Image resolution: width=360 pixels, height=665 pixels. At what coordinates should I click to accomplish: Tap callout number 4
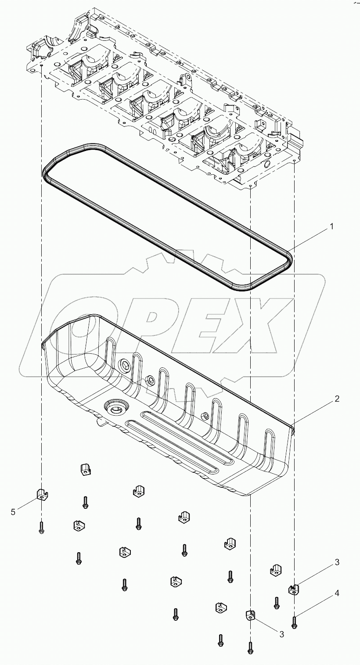(x=337, y=593)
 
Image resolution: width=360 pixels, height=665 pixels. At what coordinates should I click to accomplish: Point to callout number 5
(x=13, y=511)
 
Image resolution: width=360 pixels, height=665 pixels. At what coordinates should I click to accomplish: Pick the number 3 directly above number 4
(x=337, y=562)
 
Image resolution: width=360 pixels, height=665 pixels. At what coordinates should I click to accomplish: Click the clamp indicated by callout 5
(x=42, y=494)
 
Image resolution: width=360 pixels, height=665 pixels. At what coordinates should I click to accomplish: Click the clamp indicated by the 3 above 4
(x=293, y=589)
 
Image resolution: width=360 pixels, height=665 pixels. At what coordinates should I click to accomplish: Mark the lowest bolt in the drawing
(x=250, y=647)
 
